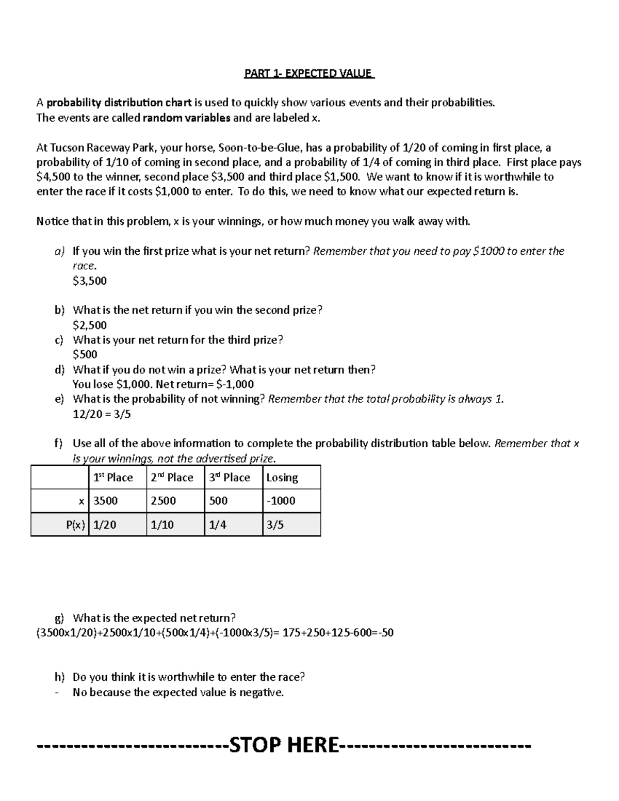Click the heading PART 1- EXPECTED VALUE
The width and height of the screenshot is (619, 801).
309,73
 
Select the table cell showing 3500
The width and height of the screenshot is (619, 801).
106,501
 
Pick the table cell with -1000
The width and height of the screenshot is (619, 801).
281,501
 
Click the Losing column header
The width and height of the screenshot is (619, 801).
282,478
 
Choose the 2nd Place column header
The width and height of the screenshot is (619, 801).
172,478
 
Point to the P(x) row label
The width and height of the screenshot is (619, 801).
75,525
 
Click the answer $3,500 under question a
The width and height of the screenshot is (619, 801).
90,281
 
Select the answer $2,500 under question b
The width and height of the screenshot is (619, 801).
90,325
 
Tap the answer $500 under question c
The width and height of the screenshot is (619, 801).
85,354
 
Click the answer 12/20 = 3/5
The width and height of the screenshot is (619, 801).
102,414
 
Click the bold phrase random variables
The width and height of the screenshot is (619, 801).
186,118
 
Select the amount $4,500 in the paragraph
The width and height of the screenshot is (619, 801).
53,177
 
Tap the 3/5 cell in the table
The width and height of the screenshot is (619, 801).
275,525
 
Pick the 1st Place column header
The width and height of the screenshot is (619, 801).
113,478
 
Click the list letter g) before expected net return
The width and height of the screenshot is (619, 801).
60,618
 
